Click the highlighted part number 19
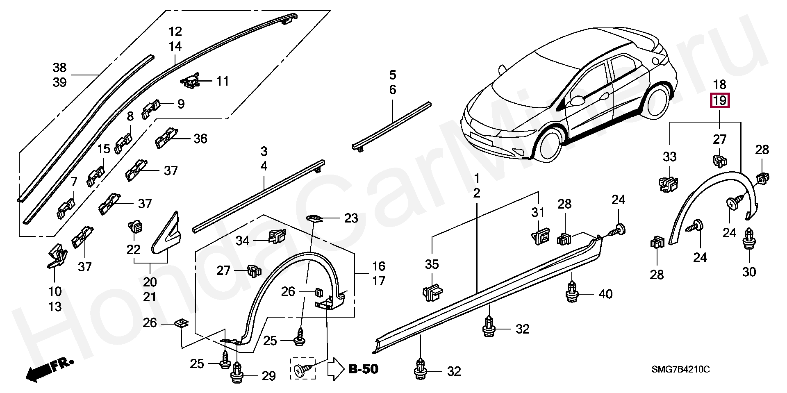coord(720,100)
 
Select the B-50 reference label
coord(363,369)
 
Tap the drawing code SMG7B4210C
coord(680,370)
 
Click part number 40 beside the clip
coord(605,294)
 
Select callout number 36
coord(200,139)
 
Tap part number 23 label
coord(351,218)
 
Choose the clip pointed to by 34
coord(277,236)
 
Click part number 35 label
coord(432,264)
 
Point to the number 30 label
coord(749,272)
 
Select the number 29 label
coord(268,376)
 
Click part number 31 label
coord(538,212)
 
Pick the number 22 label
coord(134,249)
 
